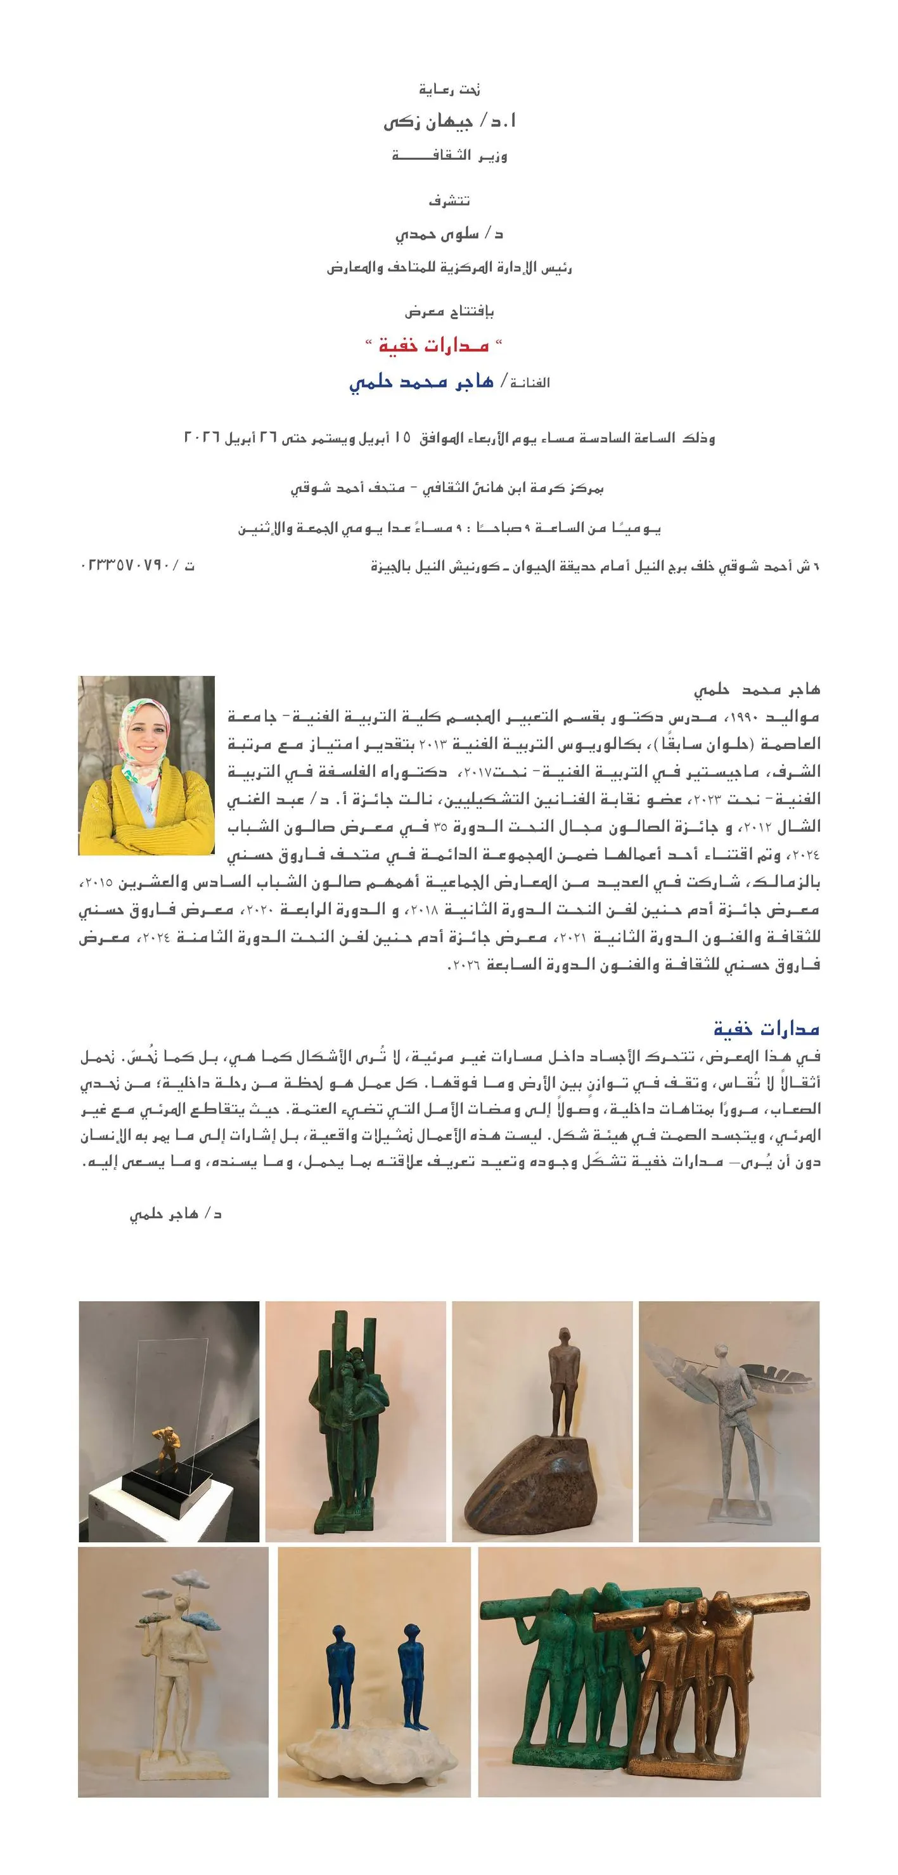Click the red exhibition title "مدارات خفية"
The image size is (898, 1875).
(x=433, y=346)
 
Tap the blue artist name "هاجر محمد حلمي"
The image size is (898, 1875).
(x=421, y=382)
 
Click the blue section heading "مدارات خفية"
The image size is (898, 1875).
(x=766, y=1028)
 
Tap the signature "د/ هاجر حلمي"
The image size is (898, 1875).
(x=176, y=1214)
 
